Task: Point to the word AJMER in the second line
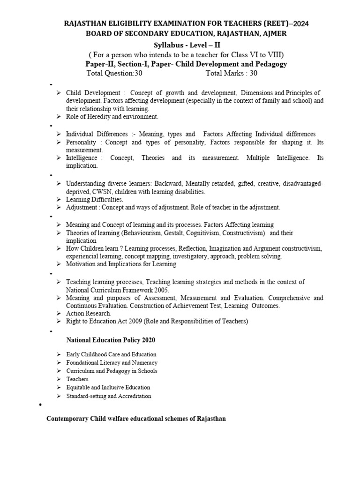(270, 33)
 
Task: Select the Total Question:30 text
(114, 73)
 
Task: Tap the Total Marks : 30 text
(231, 73)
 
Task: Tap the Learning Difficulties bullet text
(94, 200)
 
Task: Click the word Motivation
(81, 264)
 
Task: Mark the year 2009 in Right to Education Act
(132, 321)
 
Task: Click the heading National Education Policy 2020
(110, 340)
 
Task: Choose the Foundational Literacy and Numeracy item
(112, 363)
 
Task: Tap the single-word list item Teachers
(77, 379)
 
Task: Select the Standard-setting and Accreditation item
(108, 396)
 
